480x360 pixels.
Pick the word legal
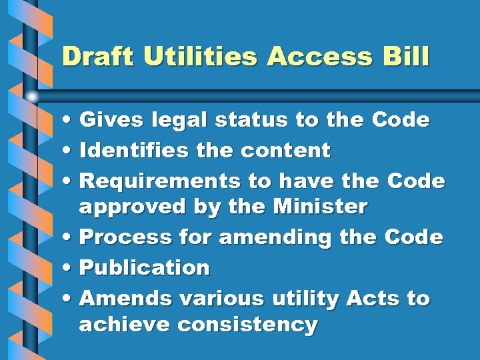click(x=178, y=121)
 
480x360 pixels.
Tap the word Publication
click(x=144, y=267)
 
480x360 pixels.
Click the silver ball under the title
click(x=32, y=97)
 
